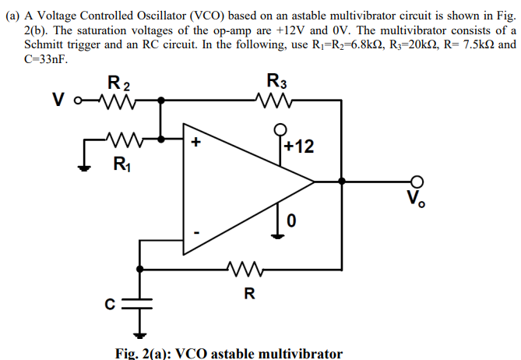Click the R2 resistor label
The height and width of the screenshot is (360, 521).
(118, 83)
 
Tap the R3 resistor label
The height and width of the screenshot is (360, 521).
(276, 80)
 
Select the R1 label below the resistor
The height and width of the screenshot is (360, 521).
(119, 164)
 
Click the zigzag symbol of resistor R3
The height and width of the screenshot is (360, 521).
(276, 100)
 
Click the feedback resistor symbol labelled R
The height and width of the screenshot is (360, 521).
(248, 269)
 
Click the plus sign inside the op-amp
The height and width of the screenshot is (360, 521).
(196, 143)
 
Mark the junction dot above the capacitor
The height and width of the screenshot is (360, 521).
(142, 269)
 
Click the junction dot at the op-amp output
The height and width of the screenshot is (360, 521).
(340, 182)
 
